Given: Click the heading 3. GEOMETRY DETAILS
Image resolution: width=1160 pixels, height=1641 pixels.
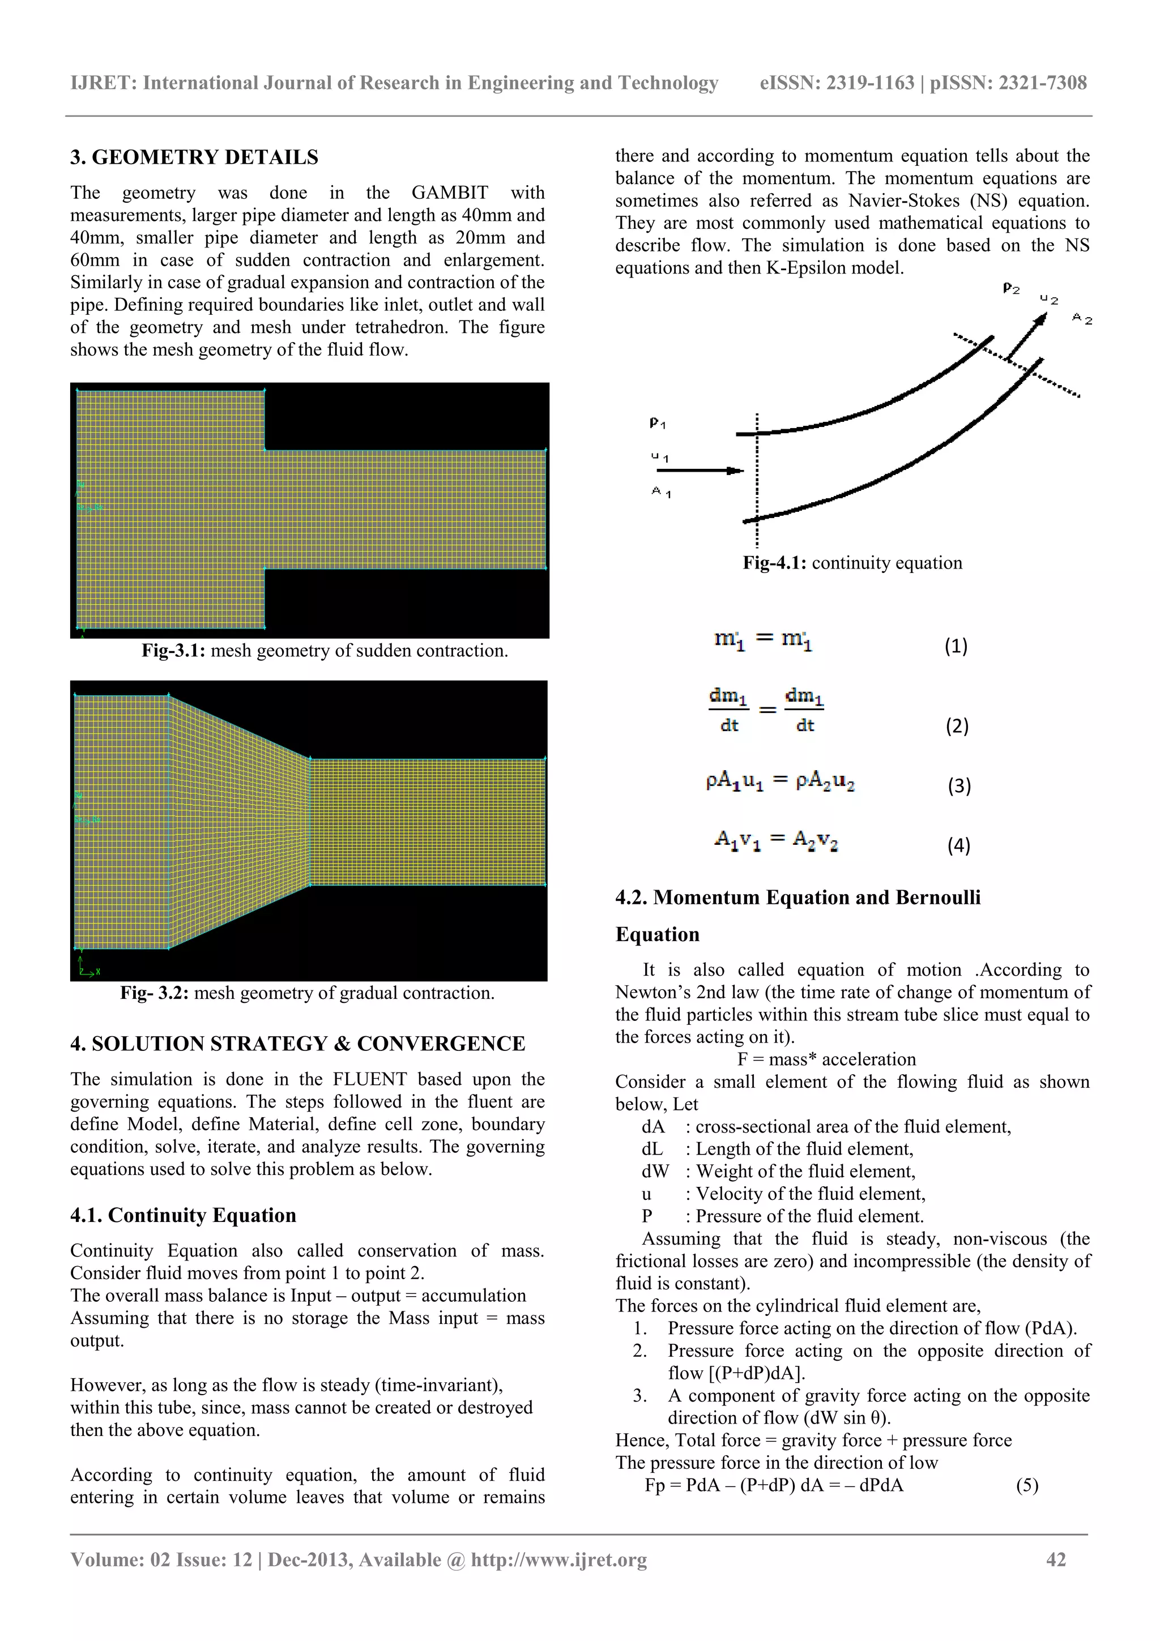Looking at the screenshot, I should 194,157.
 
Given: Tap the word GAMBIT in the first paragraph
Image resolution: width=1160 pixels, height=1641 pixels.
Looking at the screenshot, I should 450,193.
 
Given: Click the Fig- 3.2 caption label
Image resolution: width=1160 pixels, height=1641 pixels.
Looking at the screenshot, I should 153,993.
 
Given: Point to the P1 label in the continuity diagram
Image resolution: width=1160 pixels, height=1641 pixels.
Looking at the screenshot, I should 658,423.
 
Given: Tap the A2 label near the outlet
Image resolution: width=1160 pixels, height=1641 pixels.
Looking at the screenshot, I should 1082,319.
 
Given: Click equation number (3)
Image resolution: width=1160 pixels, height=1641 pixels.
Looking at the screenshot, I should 959,785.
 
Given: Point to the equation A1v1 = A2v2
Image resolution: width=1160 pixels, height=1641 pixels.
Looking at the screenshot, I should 775,840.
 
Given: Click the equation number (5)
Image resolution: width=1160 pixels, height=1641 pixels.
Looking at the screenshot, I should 1027,1485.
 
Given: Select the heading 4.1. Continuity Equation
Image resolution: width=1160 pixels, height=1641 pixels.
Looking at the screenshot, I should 183,1216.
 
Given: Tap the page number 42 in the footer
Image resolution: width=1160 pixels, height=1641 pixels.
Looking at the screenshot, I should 1056,1559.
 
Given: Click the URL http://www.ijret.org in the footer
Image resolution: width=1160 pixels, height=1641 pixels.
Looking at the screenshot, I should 559,1559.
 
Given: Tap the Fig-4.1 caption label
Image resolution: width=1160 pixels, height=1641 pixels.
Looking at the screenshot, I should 774,563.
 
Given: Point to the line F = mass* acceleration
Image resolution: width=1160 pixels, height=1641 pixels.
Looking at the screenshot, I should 826,1059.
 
